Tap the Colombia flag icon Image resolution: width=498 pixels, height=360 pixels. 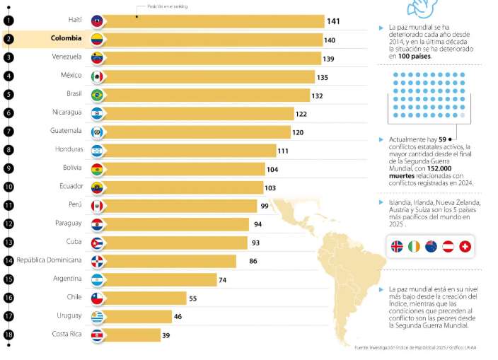[98, 40]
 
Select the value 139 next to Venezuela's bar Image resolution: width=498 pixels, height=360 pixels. [328, 59]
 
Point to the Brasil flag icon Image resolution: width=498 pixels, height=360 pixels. [98, 95]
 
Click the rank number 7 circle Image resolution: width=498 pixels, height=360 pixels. [8, 132]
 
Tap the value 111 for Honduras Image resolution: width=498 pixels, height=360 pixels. [283, 151]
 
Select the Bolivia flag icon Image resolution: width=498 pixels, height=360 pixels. [98, 169]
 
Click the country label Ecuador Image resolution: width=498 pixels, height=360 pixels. [71, 187]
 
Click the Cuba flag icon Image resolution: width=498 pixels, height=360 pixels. [98, 243]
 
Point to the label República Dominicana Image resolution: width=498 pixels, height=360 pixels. [49, 260]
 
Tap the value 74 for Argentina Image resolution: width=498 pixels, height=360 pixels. [222, 280]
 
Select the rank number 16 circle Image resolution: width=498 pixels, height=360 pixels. [8, 298]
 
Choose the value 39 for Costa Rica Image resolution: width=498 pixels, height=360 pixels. [166, 335]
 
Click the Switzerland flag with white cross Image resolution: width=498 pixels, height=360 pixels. [465, 246]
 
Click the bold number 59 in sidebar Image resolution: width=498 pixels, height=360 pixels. [443, 139]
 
